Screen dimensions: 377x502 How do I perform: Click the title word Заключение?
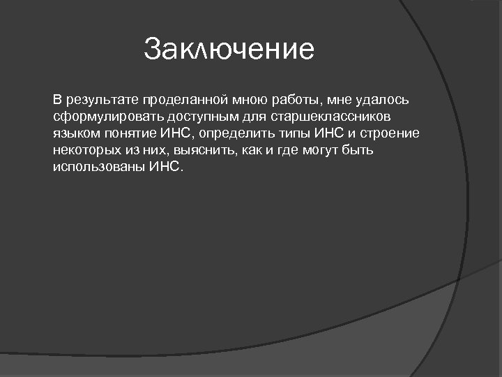[229, 50]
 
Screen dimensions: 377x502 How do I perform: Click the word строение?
[388, 132]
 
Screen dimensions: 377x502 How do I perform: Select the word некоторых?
[84, 150]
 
